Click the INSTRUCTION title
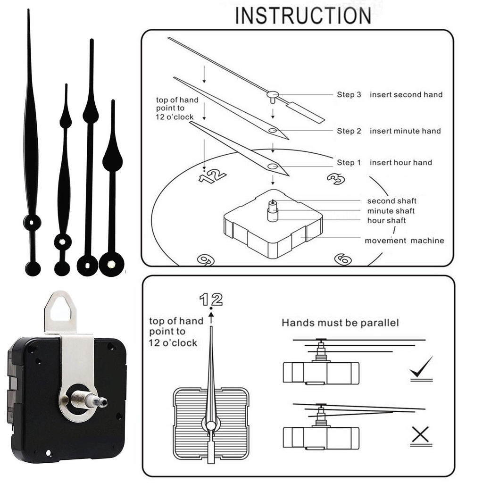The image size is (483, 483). point(303,16)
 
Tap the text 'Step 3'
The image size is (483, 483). point(349,95)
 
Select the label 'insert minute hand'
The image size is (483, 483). point(405,131)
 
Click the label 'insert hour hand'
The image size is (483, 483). point(400,163)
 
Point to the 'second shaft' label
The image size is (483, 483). point(391,201)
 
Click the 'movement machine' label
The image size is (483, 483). point(404,241)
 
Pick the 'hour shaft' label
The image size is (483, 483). point(386,221)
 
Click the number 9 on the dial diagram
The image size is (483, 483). point(206,259)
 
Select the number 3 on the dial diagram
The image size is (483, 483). point(336,178)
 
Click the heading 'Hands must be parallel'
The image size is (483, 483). point(340,323)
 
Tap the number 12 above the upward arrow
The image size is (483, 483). point(210,299)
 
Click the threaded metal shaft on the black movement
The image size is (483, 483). point(90,400)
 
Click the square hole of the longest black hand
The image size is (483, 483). point(32,222)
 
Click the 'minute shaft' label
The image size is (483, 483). point(391,211)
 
